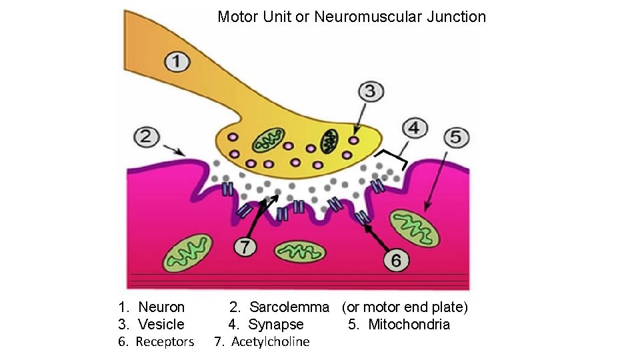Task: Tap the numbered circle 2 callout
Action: click(147, 138)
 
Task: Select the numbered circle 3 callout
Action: click(371, 91)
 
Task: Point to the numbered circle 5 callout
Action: click(455, 138)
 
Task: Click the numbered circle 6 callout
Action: click(396, 259)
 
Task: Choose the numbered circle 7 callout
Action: click(245, 247)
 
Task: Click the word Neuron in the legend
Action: click(161, 307)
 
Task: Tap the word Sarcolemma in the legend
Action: click(289, 307)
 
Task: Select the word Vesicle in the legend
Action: click(161, 325)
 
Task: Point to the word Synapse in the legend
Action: click(276, 325)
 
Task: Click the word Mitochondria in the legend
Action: click(409, 325)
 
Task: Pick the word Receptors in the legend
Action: click(165, 342)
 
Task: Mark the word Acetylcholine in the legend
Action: click(271, 342)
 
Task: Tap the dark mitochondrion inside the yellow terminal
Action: click(329, 141)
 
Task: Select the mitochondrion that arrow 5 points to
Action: click(415, 226)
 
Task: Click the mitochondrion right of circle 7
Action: click(301, 252)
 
